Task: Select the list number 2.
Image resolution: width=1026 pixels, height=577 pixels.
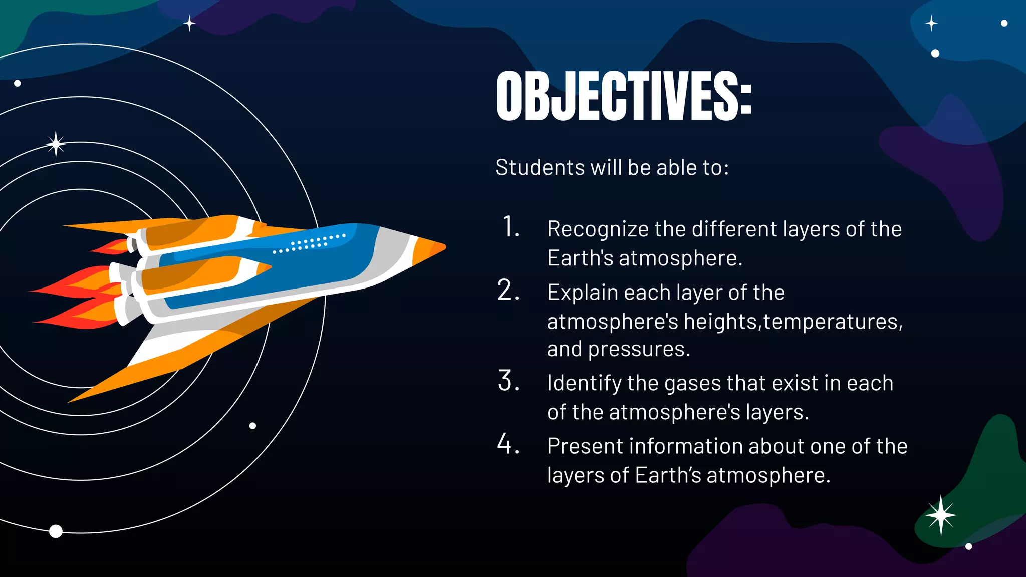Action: coord(508,291)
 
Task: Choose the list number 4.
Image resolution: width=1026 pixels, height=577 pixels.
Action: coord(508,444)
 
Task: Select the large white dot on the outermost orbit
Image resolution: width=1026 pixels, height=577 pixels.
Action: coord(56,531)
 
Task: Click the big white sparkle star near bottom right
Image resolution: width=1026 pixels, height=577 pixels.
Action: coord(940,515)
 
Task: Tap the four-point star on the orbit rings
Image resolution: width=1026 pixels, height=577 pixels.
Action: coord(56,144)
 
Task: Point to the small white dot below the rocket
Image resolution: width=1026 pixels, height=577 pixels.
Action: coord(252,426)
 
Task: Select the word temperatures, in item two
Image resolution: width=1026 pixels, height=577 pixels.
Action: coord(833,322)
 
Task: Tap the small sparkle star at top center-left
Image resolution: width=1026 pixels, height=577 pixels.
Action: coord(189,23)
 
